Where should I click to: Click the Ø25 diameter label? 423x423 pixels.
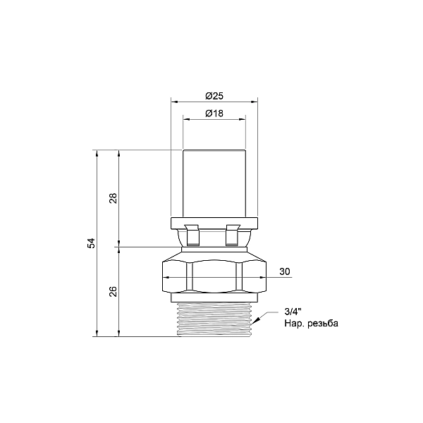214,96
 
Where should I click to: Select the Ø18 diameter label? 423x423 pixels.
214,114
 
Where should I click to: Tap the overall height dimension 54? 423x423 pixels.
92,243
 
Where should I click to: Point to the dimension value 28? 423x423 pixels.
114,198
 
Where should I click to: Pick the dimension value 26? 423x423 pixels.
114,291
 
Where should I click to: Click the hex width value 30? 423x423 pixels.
285,271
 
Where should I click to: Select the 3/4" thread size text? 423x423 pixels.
293,312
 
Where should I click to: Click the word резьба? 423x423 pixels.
323,323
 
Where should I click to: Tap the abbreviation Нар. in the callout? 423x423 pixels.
295,323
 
